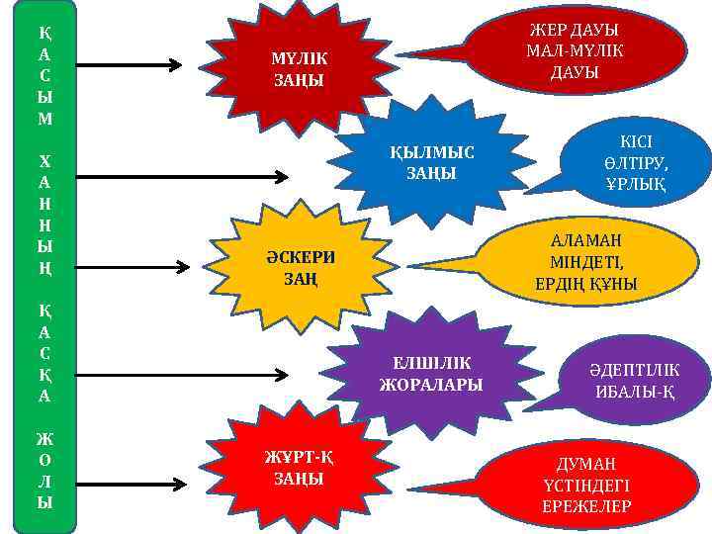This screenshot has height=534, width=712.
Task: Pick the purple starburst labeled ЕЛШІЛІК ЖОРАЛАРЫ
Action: coord(431,374)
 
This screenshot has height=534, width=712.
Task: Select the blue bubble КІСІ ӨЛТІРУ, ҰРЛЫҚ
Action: coord(648,163)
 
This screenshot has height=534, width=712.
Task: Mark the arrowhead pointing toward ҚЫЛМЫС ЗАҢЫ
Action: coord(281,177)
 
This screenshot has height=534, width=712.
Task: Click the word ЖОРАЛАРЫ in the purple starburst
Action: coord(431,385)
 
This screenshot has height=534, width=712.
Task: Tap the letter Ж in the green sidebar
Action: coord(45,437)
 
